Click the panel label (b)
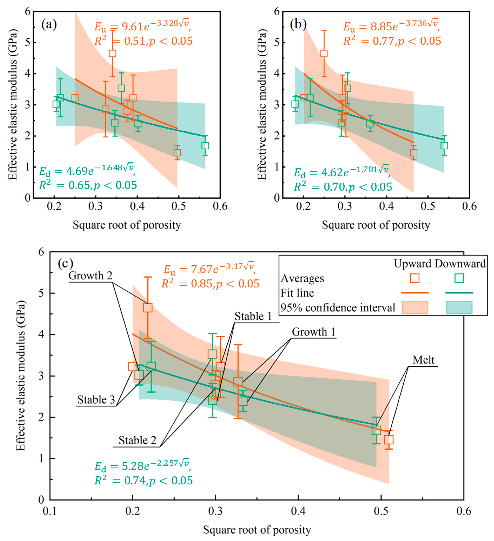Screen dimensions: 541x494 298,25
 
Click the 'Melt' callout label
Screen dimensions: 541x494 423,360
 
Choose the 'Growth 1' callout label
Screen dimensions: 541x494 314,332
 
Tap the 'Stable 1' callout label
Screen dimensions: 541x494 253,316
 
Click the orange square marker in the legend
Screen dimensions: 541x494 415,278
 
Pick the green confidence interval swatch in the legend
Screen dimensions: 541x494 459,308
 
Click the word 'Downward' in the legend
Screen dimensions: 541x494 460,264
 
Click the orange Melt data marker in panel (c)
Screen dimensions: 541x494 389,440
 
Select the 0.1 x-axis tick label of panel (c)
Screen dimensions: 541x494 50,511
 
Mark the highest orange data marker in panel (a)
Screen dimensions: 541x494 112,53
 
